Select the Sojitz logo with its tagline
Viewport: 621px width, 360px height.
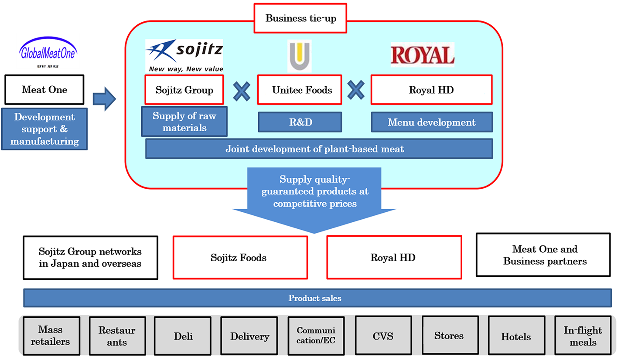click(184, 56)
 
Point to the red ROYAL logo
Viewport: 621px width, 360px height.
click(422, 55)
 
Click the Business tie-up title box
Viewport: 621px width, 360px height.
click(300, 18)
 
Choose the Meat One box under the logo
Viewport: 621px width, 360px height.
click(44, 90)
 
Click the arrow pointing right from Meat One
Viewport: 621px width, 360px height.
click(104, 98)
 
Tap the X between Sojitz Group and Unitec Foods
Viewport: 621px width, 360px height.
click(241, 90)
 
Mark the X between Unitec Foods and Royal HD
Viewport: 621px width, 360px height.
click(356, 90)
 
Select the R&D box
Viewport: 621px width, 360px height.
click(300, 122)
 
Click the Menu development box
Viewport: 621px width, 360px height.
click(432, 122)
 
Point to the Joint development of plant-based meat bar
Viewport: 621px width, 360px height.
click(319, 149)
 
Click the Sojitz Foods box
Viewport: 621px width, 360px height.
click(240, 257)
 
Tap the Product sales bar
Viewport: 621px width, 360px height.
click(317, 299)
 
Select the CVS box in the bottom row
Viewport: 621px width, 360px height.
click(383, 336)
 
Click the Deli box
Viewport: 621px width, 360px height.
click(183, 336)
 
